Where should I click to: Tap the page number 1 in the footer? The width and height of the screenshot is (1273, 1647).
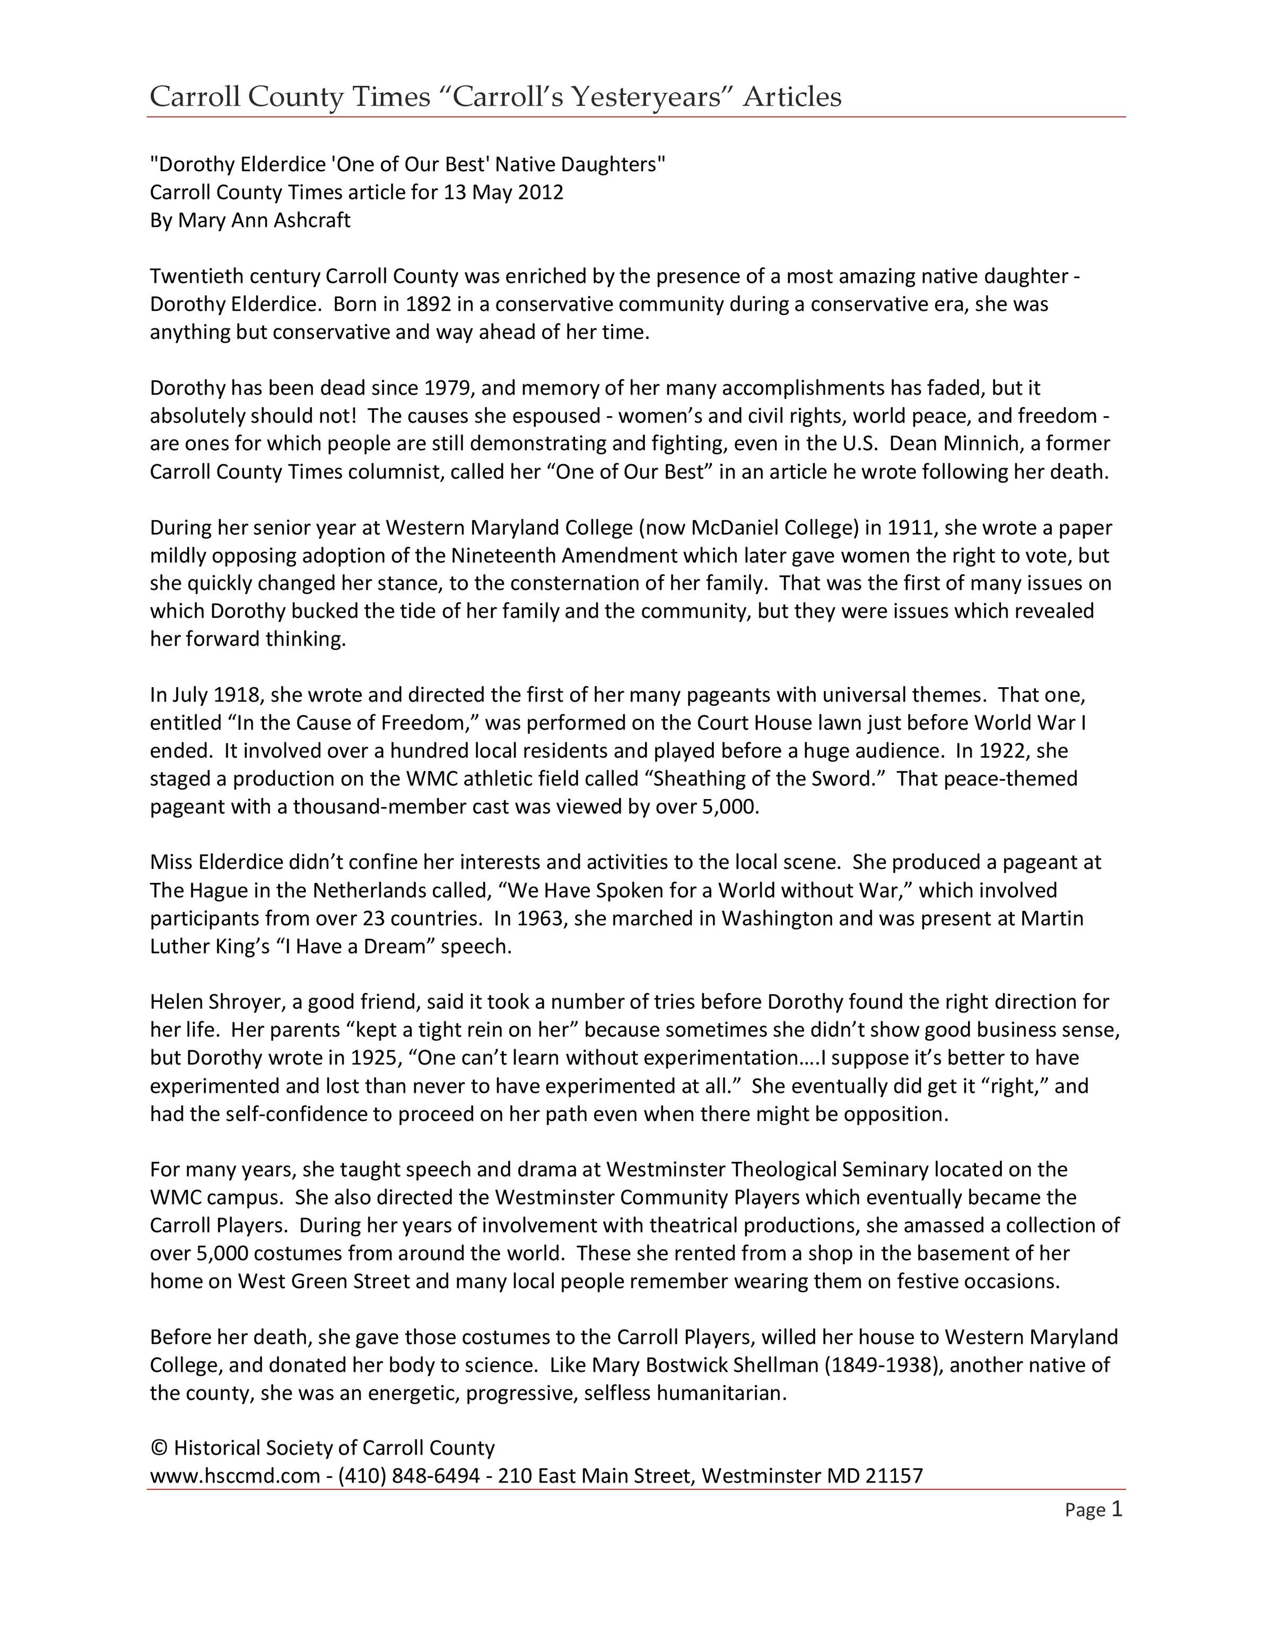1117,1509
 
